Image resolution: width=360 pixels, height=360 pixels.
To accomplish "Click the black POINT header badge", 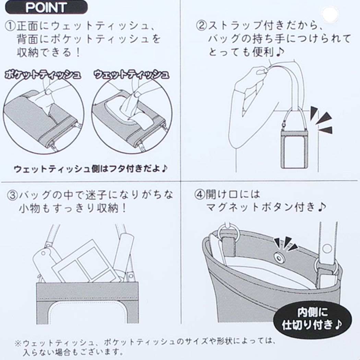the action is [46, 7].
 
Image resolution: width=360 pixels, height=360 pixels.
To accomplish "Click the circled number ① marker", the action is [10, 26].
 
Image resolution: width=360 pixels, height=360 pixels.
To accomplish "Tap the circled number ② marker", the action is [201, 25].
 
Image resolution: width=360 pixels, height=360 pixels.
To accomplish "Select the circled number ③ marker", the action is [12, 195].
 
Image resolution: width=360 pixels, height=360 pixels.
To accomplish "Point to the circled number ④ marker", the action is [200, 194].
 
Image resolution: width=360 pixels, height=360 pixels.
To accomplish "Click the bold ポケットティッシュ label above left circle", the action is [43, 75].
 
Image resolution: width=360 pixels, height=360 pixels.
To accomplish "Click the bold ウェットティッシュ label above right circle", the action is [132, 74].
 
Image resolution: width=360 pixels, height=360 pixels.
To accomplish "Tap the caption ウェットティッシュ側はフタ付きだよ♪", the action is [91, 169].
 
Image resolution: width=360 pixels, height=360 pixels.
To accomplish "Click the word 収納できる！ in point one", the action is [48, 52].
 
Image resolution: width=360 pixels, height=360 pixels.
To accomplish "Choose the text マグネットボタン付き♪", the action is [266, 207].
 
